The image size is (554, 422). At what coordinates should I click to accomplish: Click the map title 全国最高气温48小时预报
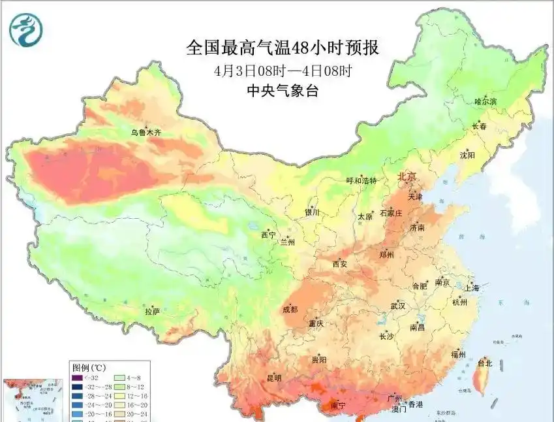coord(282,48)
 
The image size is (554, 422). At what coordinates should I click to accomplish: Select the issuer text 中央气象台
coord(282,91)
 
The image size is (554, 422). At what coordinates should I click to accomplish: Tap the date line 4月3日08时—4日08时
coord(282,70)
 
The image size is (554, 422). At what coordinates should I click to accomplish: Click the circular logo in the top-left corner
coord(25,30)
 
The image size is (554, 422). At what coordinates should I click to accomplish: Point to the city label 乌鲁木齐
coord(146,133)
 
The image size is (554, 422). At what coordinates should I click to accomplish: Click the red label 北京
coord(410,176)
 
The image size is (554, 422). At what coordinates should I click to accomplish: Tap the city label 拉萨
coord(152,312)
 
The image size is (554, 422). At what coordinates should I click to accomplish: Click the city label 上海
coord(471,287)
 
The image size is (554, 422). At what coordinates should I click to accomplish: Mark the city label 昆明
coord(274,378)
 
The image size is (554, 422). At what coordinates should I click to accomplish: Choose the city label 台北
coord(485,363)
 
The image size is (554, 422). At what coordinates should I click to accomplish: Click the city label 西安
coord(340,264)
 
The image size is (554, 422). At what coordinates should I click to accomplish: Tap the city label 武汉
coord(397,306)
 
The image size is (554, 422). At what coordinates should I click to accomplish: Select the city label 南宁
coord(338,406)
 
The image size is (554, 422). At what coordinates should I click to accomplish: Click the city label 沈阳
coord(467,155)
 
